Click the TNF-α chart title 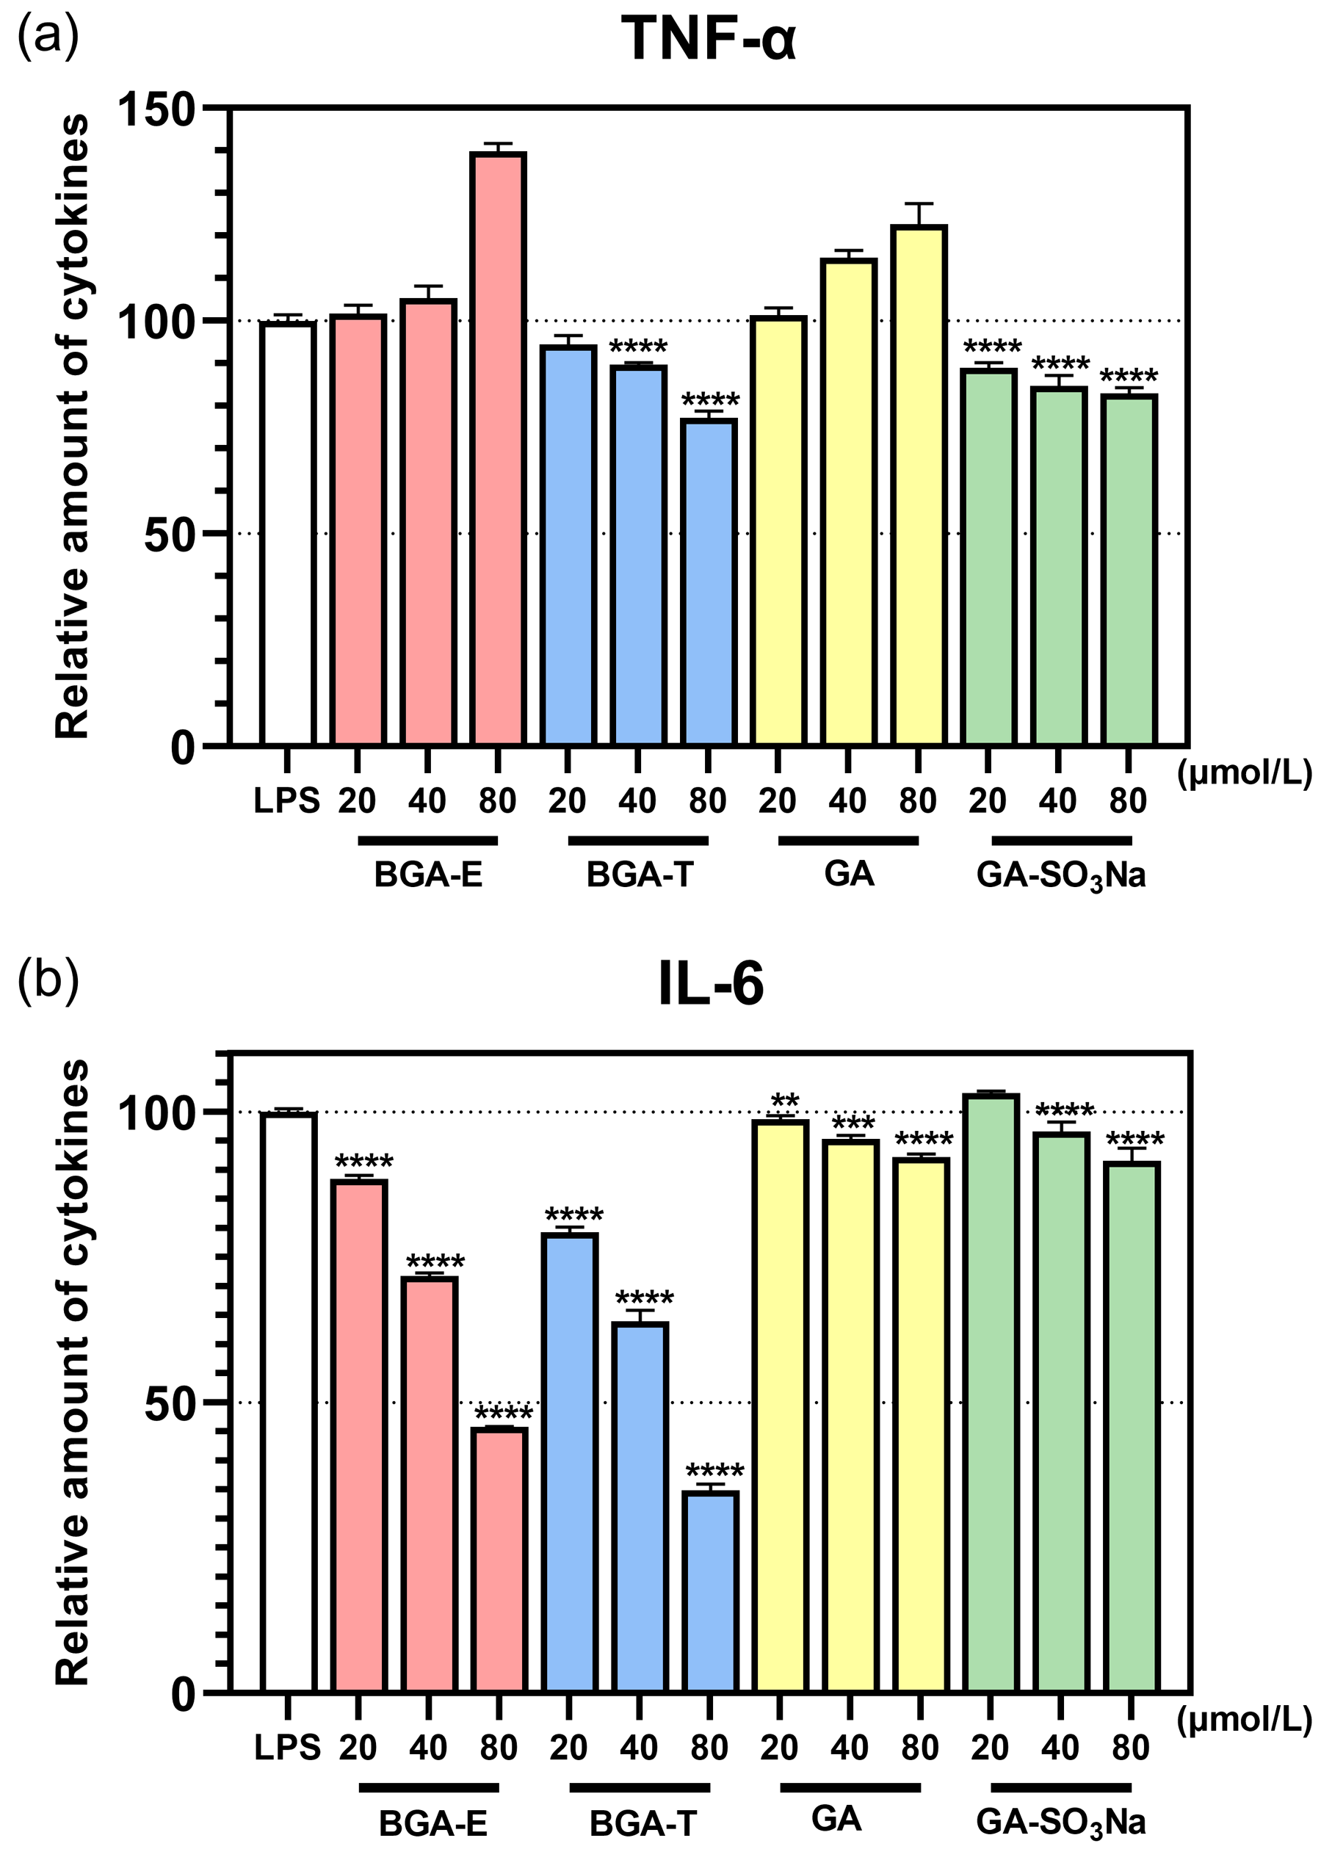click(x=708, y=38)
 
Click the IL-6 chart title click(x=710, y=984)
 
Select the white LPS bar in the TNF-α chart click(x=287, y=533)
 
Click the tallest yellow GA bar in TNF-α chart click(x=919, y=485)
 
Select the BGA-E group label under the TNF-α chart click(x=428, y=876)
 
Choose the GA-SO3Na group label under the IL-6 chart click(x=1060, y=1823)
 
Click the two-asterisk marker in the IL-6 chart click(x=784, y=1101)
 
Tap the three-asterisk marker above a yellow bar click(x=853, y=1123)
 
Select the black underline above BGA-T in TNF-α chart click(x=638, y=842)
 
